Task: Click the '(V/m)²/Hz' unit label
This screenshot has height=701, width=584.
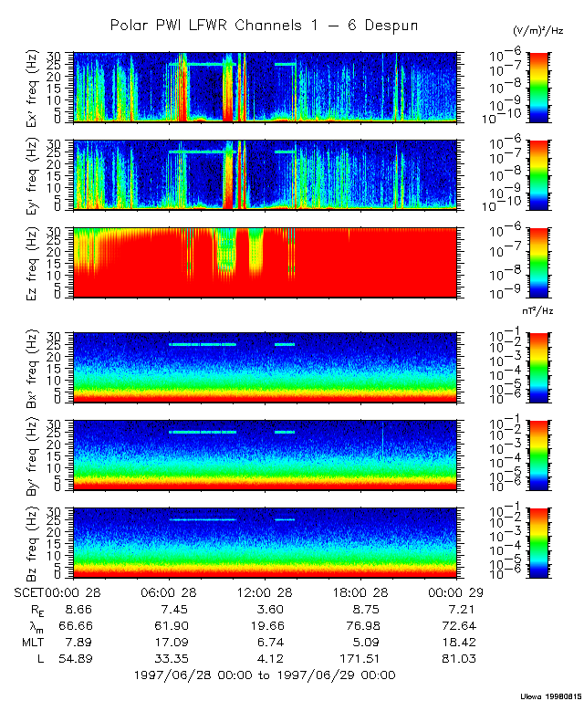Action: [538, 31]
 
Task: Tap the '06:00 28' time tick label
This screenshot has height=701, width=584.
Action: [170, 593]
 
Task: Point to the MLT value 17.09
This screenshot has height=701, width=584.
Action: [170, 643]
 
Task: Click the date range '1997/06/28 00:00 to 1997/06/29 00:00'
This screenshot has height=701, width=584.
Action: [264, 675]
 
